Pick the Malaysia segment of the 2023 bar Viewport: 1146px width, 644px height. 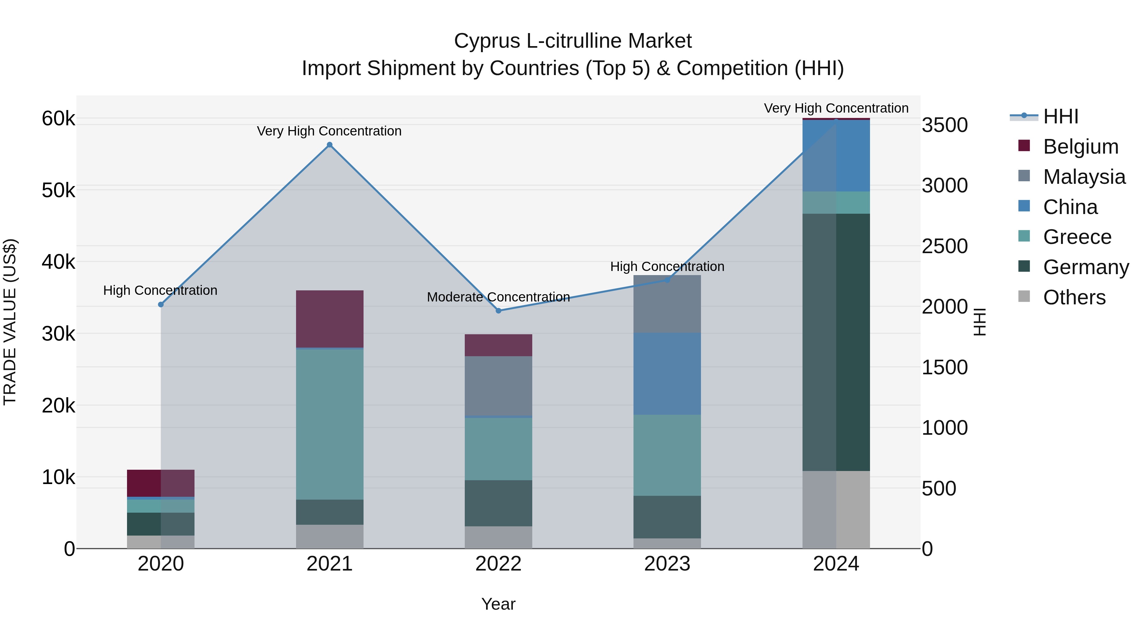(x=667, y=304)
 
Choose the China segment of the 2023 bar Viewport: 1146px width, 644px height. (x=667, y=374)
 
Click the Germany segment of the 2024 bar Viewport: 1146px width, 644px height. (x=836, y=342)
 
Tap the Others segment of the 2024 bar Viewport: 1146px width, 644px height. (x=836, y=509)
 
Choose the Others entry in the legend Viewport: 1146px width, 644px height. (x=1074, y=297)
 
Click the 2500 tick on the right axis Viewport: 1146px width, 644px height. (x=944, y=246)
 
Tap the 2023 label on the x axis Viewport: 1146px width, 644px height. (x=667, y=564)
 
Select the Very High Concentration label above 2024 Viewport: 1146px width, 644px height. (x=836, y=108)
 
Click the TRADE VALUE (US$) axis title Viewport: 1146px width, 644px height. (x=10, y=322)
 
